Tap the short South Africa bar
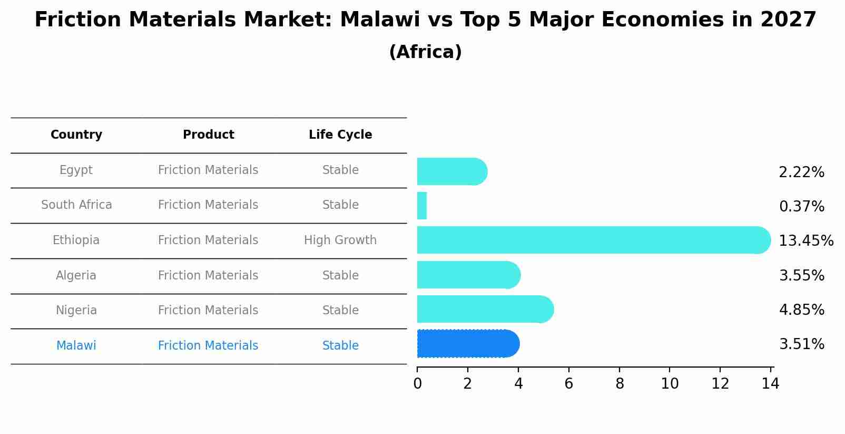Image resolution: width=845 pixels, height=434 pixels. pyautogui.click(x=422, y=206)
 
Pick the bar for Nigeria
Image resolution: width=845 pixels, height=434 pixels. pyautogui.click(x=485, y=309)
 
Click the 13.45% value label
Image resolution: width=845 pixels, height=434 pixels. pyautogui.click(x=805, y=241)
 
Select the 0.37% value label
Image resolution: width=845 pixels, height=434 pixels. pyautogui.click(x=801, y=207)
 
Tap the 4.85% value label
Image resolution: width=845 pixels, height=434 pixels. pyautogui.click(x=801, y=310)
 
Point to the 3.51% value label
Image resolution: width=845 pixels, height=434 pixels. pyautogui.click(x=801, y=344)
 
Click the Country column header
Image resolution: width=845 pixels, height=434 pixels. pyautogui.click(x=76, y=135)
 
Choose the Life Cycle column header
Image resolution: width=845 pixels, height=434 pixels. pyautogui.click(x=340, y=135)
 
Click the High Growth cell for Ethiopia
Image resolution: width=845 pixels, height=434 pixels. pyautogui.click(x=340, y=240)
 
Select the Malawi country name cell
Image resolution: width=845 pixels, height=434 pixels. pyautogui.click(x=76, y=346)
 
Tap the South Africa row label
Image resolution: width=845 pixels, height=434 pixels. pyautogui.click(x=76, y=205)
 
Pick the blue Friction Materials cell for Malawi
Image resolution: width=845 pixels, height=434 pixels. pyautogui.click(x=208, y=346)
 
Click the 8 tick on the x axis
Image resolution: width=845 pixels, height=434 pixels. pyautogui.click(x=620, y=384)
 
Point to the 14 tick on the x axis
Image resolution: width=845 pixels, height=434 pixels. pyautogui.click(x=770, y=384)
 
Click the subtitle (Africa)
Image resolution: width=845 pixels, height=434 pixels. pyautogui.click(x=425, y=52)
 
